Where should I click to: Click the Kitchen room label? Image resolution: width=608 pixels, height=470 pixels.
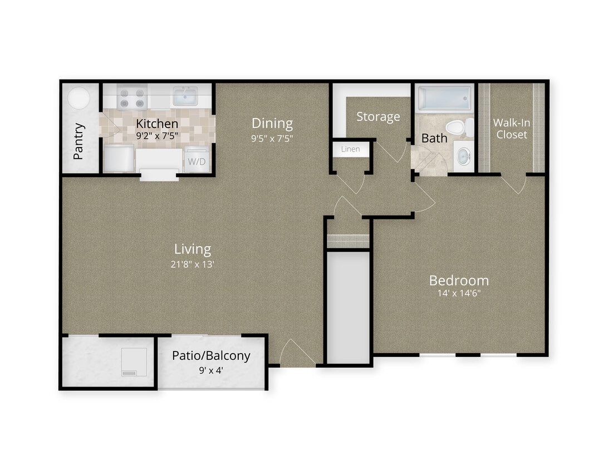click(x=158, y=124)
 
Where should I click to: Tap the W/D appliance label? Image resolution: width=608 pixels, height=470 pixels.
click(x=195, y=162)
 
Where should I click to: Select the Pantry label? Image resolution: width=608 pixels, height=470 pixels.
click(x=79, y=141)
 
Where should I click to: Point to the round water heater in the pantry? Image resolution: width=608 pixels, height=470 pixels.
click(x=79, y=99)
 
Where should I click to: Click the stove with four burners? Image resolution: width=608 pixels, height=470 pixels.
click(x=132, y=98)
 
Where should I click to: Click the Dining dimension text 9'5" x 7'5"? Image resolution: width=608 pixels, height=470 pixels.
click(x=272, y=139)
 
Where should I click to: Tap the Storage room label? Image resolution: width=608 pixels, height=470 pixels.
click(x=378, y=117)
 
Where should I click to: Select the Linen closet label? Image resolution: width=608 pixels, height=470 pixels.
click(x=350, y=149)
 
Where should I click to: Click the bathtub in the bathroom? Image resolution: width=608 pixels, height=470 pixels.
click(x=444, y=99)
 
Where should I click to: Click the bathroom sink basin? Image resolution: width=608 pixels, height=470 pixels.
click(x=463, y=156)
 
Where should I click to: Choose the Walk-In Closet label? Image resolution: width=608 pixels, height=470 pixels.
click(x=511, y=129)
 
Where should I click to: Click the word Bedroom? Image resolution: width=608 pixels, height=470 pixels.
click(x=459, y=280)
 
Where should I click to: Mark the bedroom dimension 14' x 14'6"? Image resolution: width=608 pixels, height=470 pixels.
click(x=459, y=294)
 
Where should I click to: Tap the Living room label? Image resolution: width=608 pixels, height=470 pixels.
click(x=193, y=249)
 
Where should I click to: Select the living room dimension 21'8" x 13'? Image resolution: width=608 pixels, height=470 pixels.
click(x=193, y=264)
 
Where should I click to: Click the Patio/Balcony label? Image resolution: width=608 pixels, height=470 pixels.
click(x=211, y=355)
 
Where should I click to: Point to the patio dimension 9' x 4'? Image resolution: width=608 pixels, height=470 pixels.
click(x=211, y=369)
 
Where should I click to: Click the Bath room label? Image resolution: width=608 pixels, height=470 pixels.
click(x=434, y=138)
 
